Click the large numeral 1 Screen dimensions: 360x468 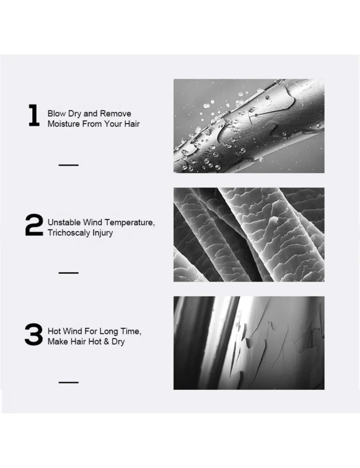click(x=34, y=115)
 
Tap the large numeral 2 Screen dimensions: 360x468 click(x=34, y=225)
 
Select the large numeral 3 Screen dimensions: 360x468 click(x=33, y=334)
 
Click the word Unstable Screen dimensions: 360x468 click(x=64, y=222)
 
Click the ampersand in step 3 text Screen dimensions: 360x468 click(x=106, y=342)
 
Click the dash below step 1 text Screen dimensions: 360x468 click(x=68, y=165)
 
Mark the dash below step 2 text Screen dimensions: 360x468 click(x=68, y=273)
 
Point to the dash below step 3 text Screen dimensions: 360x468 click(x=68, y=382)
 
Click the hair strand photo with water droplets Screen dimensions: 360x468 click(x=249, y=126)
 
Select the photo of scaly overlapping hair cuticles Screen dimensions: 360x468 click(x=249, y=235)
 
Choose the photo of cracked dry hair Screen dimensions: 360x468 click(x=249, y=343)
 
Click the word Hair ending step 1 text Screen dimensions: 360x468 click(x=132, y=124)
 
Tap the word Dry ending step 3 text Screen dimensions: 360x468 click(x=118, y=342)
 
